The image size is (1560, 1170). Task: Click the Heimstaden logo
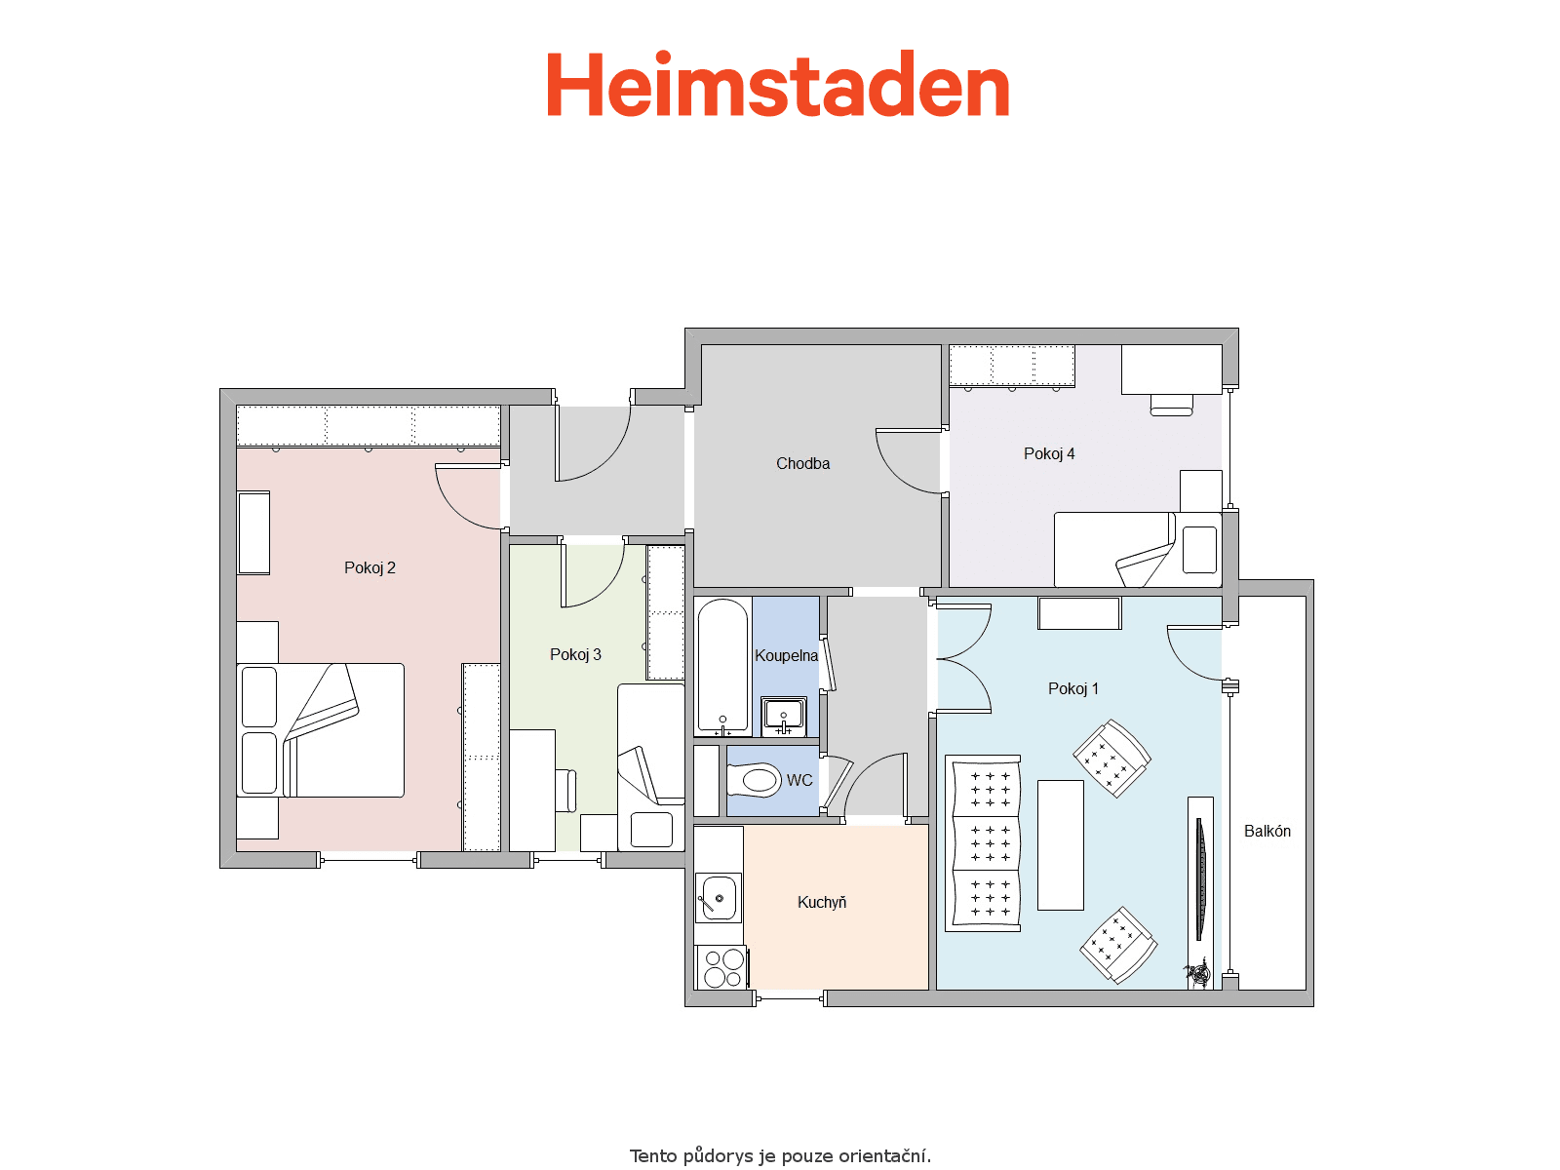point(777,84)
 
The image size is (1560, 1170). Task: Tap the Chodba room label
point(802,464)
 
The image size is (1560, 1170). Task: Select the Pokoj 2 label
point(370,567)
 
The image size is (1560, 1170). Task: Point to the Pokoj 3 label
point(575,654)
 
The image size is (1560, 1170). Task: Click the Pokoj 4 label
point(1049,453)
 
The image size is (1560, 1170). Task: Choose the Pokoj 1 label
point(1073,688)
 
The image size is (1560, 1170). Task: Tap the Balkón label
point(1267,831)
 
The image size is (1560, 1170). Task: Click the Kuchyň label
point(822,902)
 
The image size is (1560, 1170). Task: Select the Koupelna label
point(786,655)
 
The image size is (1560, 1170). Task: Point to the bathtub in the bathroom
point(722,666)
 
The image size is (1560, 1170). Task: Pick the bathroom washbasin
point(784,716)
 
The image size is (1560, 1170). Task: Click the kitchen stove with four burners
point(722,967)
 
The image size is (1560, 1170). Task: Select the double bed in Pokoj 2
point(321,730)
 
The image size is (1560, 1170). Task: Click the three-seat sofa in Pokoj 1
point(983,843)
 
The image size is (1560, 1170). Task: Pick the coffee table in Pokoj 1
point(1061,845)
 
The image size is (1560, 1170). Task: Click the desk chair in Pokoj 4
point(1171,406)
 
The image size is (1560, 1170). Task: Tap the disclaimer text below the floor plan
point(780,1155)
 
